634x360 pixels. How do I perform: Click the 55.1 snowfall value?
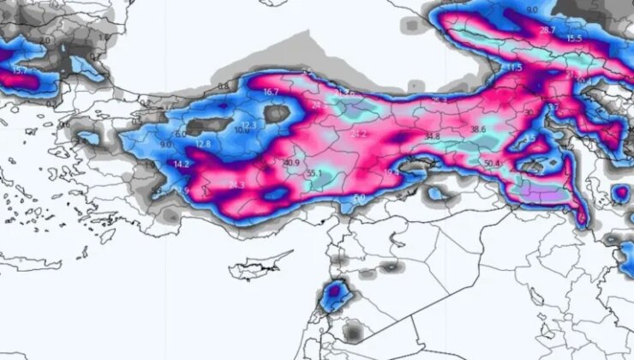click(x=314, y=174)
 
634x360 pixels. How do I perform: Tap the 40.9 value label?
click(x=290, y=163)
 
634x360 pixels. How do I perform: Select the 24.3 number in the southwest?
click(x=237, y=185)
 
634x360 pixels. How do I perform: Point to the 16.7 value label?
click(x=271, y=92)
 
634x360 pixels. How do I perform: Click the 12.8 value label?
click(x=203, y=144)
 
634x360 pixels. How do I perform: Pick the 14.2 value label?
click(x=182, y=164)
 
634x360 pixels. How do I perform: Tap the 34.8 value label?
click(x=432, y=136)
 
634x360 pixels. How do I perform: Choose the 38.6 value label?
click(x=478, y=129)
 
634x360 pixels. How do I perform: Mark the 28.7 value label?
click(x=547, y=30)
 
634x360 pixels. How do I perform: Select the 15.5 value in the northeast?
click(x=574, y=39)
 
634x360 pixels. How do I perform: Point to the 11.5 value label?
click(x=514, y=68)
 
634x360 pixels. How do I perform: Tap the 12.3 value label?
click(x=249, y=125)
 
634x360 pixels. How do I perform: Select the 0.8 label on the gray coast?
click(x=224, y=87)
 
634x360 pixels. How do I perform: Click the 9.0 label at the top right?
click(x=532, y=9)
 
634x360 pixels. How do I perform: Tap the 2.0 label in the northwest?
click(x=45, y=39)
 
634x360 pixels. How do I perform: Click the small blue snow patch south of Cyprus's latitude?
click(x=335, y=296)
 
